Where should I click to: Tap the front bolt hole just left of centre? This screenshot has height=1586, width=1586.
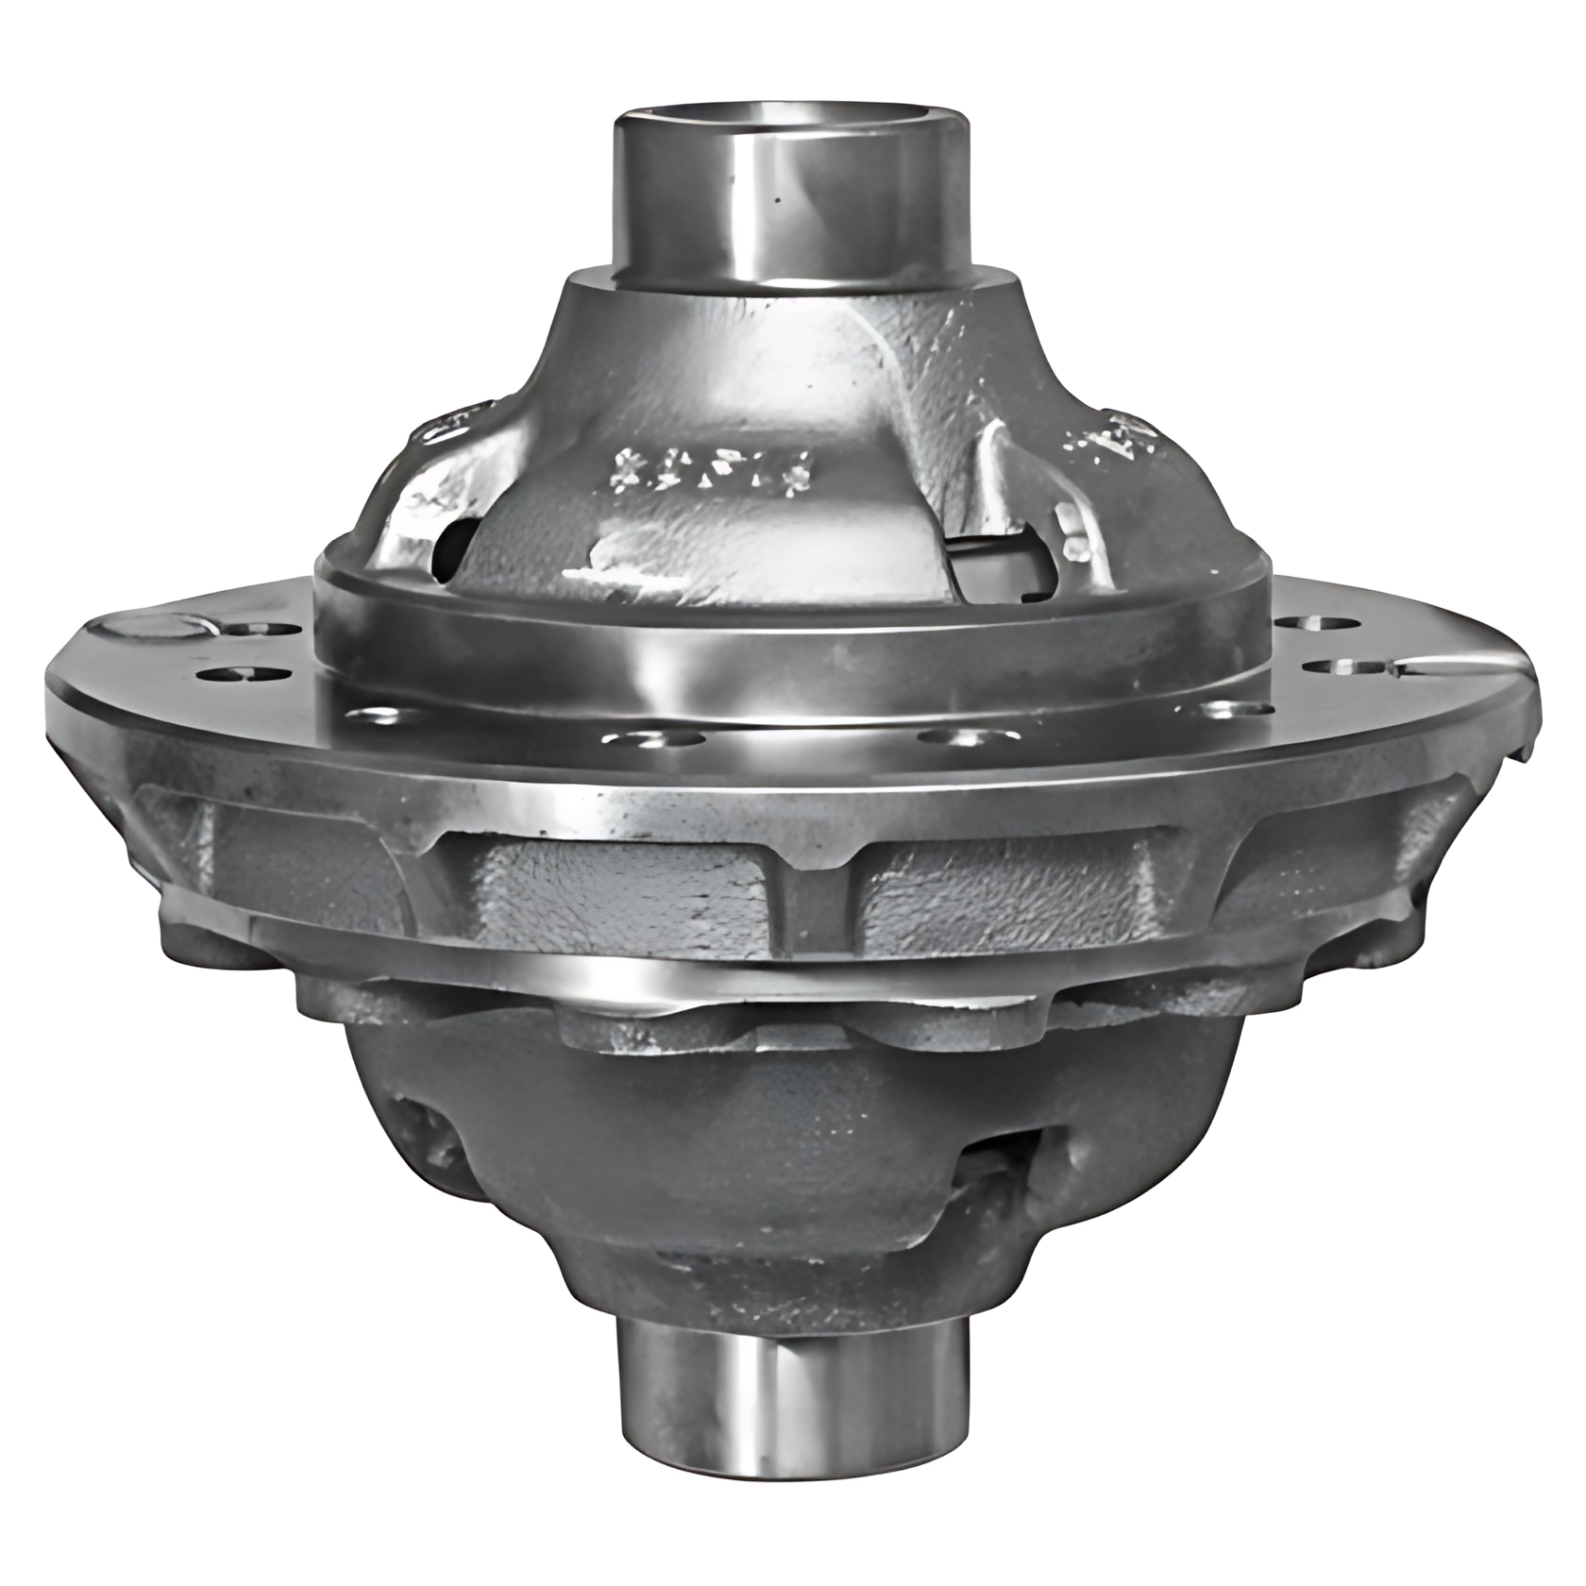[653, 737]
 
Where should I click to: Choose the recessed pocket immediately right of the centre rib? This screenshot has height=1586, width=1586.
[1010, 883]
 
